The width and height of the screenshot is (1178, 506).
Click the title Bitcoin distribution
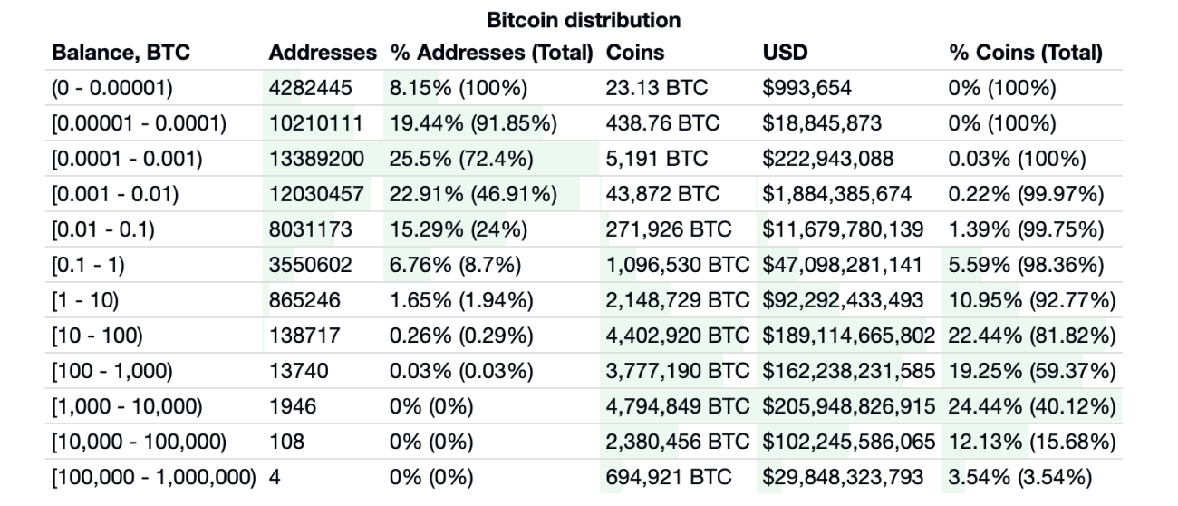[x=584, y=19]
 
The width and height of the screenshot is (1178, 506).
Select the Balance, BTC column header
[x=121, y=53]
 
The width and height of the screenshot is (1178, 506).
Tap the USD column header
[x=785, y=53]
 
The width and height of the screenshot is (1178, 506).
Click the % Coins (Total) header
[x=1025, y=53]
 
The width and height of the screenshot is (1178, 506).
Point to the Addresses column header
[x=323, y=53]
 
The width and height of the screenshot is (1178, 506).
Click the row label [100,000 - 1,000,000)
[x=155, y=477]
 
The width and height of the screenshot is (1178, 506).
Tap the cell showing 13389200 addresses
[x=316, y=159]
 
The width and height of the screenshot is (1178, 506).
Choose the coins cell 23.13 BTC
[x=656, y=88]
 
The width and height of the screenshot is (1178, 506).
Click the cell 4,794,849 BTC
[x=681, y=406]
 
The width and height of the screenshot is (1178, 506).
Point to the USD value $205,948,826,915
[x=850, y=406]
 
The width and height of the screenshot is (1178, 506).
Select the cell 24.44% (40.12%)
[x=1031, y=406]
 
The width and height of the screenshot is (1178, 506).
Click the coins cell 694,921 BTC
[x=669, y=477]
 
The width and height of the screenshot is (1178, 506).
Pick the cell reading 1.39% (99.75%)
[x=1026, y=229]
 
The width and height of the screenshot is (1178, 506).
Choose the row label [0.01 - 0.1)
[x=102, y=229]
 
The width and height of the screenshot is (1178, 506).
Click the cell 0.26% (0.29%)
[x=461, y=336]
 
